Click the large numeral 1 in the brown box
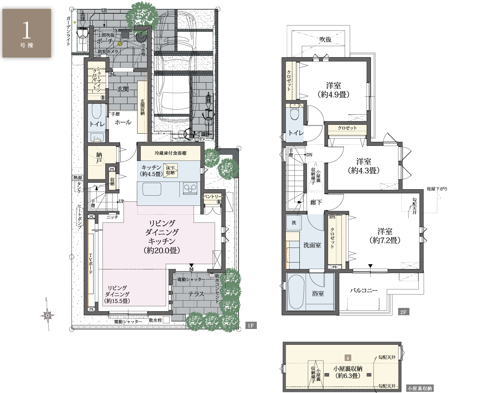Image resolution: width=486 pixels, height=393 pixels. pos(26,30)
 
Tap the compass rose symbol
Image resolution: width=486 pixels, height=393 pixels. pos(47,315)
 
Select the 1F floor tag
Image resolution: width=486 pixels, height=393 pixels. pos(251,325)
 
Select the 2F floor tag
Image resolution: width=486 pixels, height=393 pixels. pos(403,312)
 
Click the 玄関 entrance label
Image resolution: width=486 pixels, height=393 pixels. pos(123,89)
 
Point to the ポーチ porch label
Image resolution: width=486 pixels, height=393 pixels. pos(105,41)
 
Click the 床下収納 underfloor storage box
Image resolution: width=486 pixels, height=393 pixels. pos(171,170)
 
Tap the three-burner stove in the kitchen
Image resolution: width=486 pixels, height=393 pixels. pos(190,188)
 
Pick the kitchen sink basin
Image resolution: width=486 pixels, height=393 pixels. pos(152,189)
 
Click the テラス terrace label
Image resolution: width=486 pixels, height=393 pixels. pos(196,294)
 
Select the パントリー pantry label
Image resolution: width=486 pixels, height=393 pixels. pos(212,196)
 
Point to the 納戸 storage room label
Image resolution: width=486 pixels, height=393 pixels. pos(99,158)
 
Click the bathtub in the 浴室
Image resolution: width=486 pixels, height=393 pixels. pos(296,292)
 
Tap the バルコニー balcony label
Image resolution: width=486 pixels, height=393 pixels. pos(364,290)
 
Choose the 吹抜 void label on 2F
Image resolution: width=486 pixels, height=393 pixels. pos(325,39)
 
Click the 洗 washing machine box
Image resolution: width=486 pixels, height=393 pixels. pos(294,222)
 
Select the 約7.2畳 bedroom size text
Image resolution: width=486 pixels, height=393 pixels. pos(385,240)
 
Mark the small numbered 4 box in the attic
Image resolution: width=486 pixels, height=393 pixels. pos(348,358)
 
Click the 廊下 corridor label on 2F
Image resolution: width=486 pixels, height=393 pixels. pos(316,202)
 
